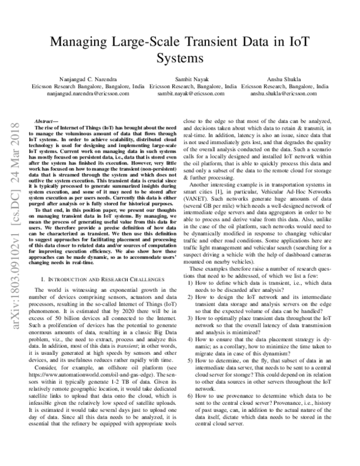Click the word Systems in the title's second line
(x=180, y=59)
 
